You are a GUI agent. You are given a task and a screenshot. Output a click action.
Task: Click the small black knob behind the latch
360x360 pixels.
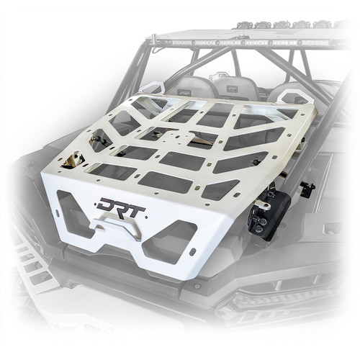click(x=307, y=189)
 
